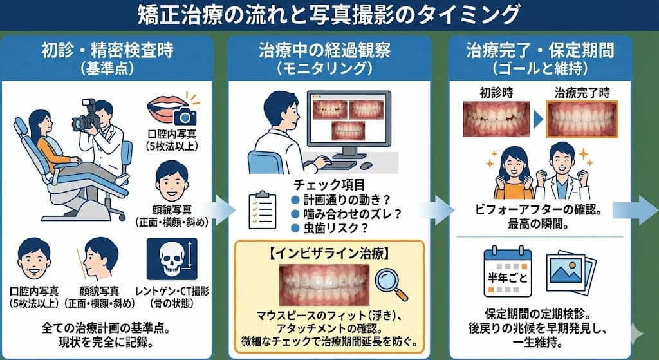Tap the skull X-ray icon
[172, 259]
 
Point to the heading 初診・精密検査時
[107, 52]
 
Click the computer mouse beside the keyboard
[366, 166]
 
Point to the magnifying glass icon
[391, 285]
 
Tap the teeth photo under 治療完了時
[582, 119]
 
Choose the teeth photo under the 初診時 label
[496, 119]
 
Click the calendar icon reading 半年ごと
[508, 273]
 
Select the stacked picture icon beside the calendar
[571, 273]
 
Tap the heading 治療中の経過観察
[324, 52]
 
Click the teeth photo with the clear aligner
[324, 285]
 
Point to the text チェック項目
[329, 185]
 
